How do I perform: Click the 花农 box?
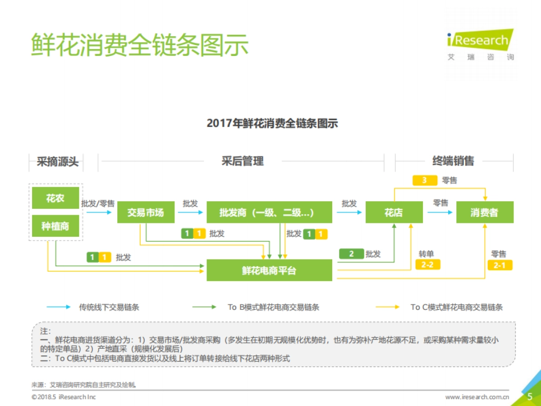55,198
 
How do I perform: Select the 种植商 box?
55,226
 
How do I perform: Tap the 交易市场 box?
146,212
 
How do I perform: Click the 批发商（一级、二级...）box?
269,212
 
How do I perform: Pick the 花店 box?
394,212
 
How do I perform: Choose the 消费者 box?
485,212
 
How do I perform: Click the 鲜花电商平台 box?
269,270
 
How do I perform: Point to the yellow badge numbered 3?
425,180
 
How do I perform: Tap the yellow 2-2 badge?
427,265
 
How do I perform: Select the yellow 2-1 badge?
500,265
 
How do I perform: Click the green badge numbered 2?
351,254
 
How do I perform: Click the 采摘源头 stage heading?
57,161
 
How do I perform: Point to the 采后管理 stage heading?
243,161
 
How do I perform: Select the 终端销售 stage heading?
453,161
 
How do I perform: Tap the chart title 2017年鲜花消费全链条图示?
272,123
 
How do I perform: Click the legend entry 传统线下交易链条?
109,307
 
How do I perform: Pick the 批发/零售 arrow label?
98,204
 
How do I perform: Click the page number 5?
530,397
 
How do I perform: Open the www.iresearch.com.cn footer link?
477,397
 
